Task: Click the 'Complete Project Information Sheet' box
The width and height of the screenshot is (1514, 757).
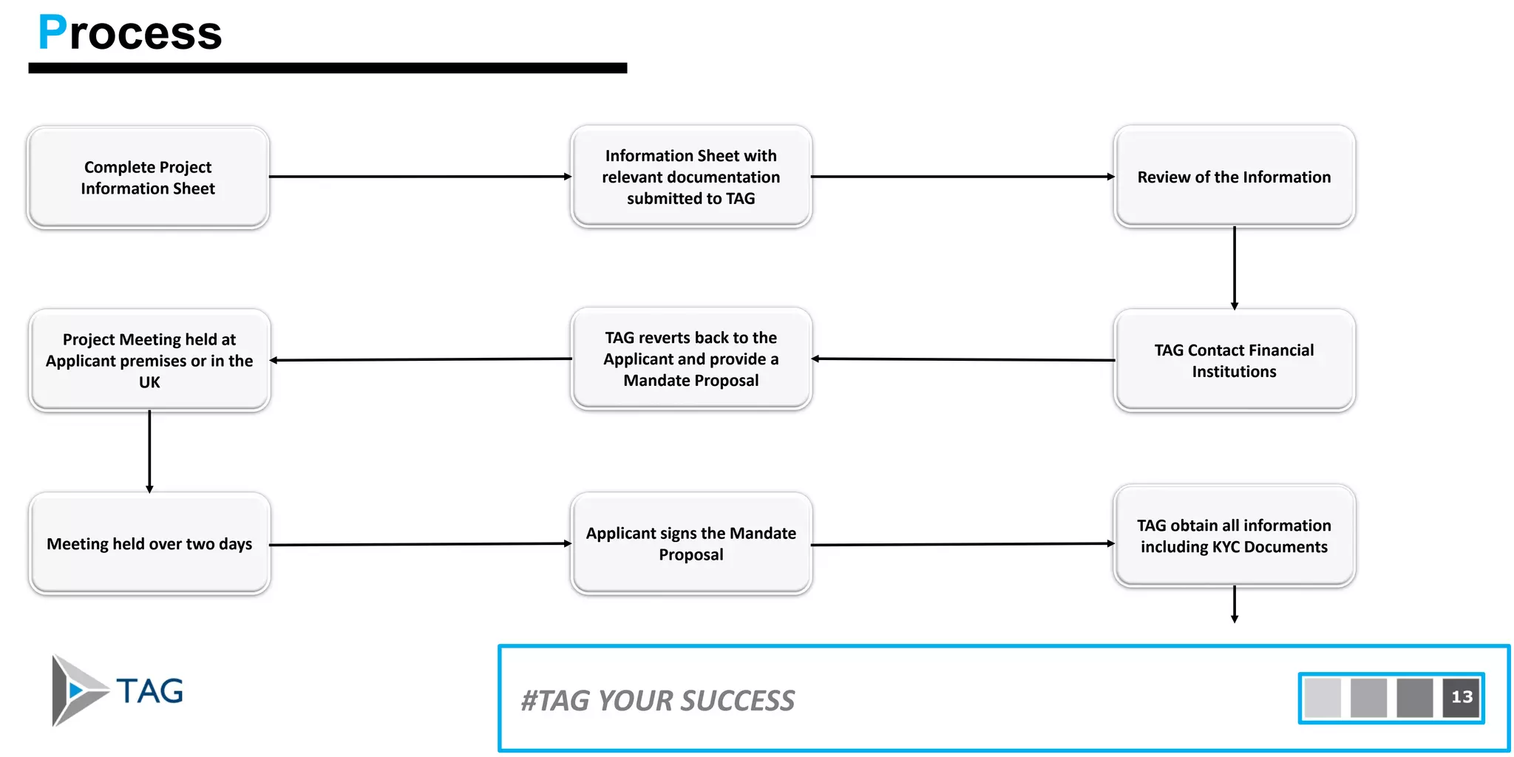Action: tap(148, 177)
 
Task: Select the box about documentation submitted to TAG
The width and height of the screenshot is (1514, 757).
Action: tap(690, 177)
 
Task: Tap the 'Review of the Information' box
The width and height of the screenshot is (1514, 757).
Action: tap(1234, 177)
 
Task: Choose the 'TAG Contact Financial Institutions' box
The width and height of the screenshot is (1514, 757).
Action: tap(1234, 360)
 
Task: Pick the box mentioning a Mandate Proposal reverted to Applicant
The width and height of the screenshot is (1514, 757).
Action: tap(690, 359)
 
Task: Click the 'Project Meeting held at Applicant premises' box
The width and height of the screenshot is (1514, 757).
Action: tap(149, 360)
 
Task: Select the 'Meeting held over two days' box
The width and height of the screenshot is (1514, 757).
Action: tap(149, 543)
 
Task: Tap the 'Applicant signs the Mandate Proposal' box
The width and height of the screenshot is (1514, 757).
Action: tap(690, 543)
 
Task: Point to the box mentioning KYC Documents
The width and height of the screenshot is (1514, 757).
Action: tap(1234, 536)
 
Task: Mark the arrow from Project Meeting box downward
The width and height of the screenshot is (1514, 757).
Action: tap(149, 451)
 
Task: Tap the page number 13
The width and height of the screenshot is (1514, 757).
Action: tap(1462, 697)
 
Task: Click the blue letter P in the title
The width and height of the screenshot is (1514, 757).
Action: tap(52, 33)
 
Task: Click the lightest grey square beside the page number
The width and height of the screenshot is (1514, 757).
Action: tap(1323, 697)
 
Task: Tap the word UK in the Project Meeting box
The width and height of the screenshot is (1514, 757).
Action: tap(149, 382)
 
